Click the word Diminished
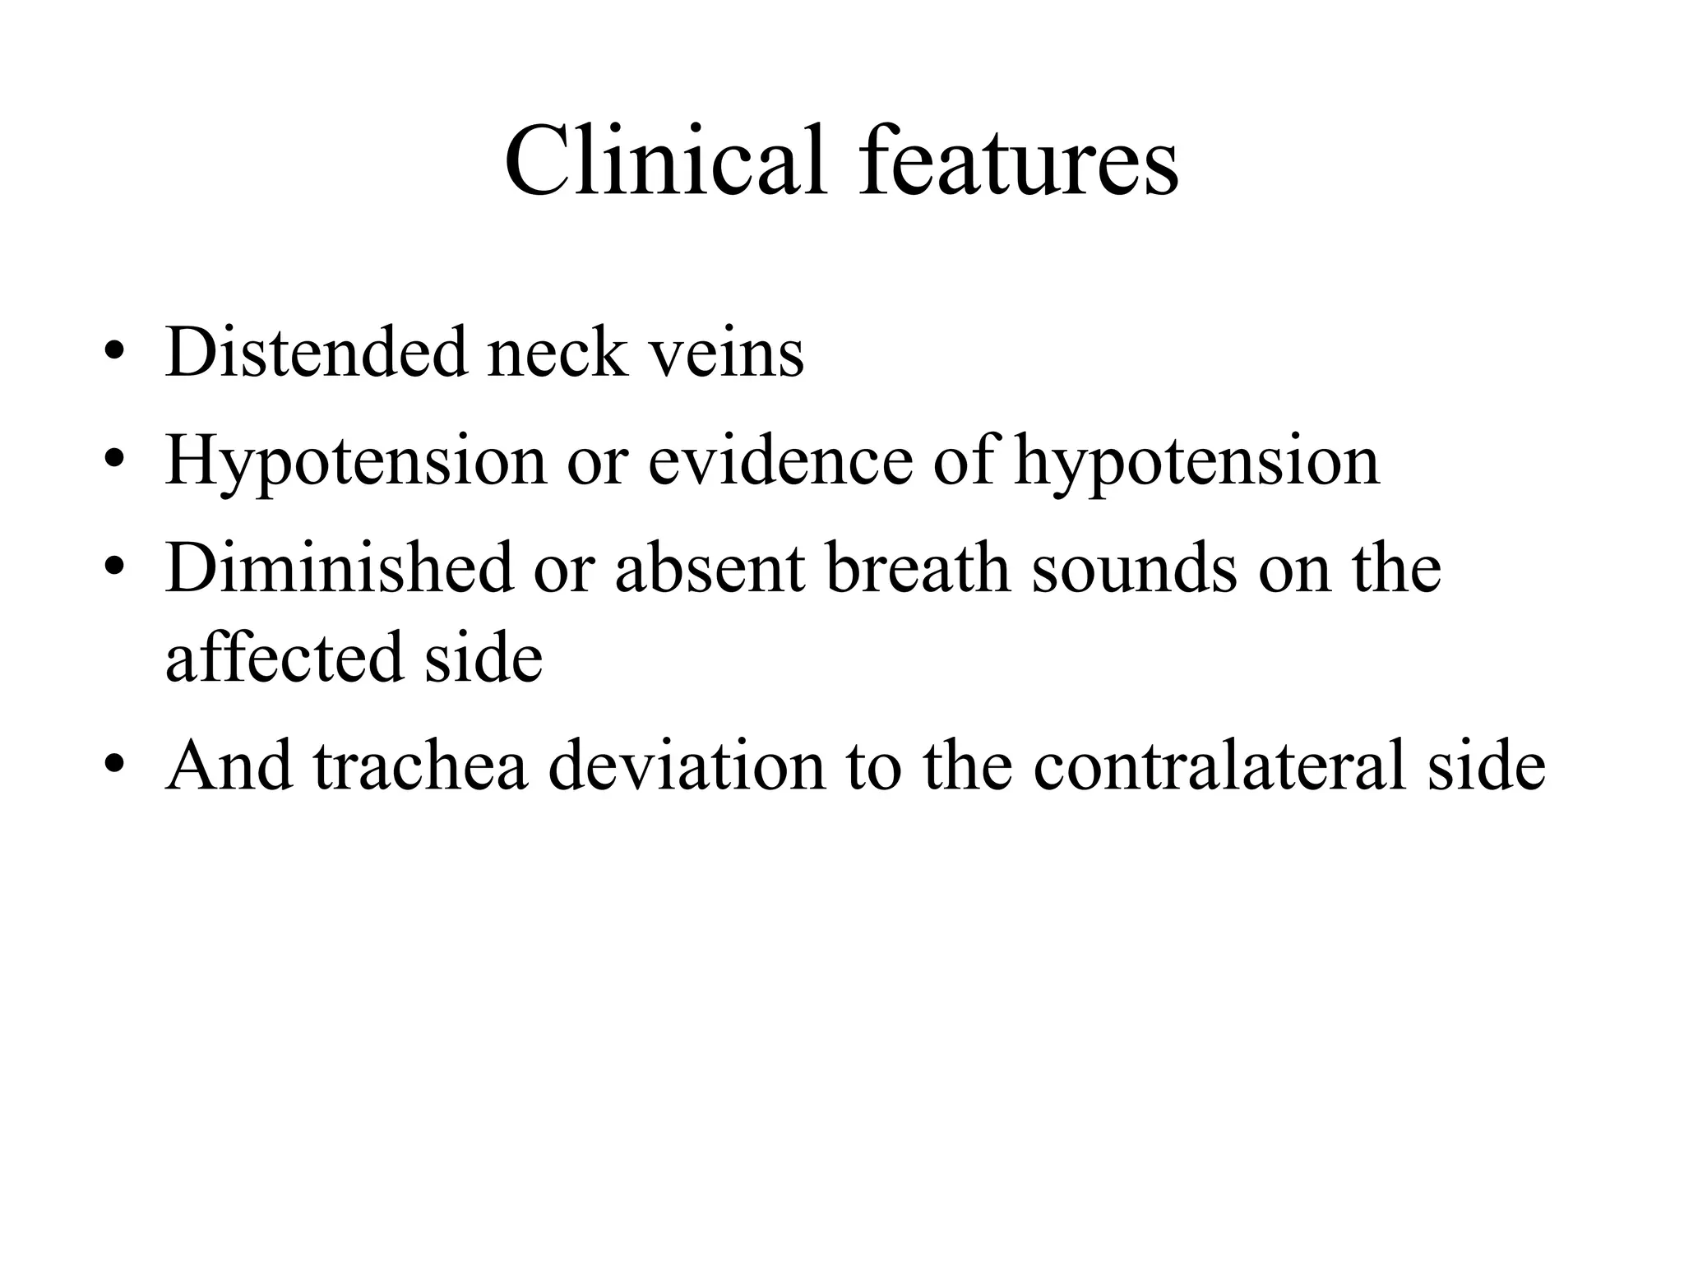(338, 568)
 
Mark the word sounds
(1135, 570)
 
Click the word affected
(285, 658)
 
